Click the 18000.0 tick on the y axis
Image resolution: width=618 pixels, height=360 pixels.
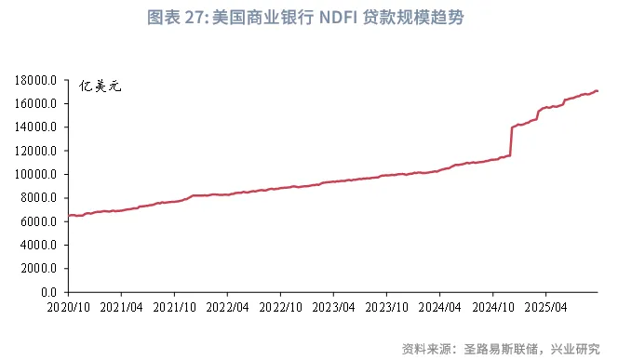[38, 80]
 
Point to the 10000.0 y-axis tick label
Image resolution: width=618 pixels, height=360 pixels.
[38, 174]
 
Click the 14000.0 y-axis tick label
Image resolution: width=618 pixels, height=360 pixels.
[38, 127]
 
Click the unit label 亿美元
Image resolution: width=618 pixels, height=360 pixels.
[101, 87]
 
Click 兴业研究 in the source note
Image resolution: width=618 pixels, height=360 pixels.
[575, 349]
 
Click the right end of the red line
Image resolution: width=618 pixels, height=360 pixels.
[597, 90]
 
